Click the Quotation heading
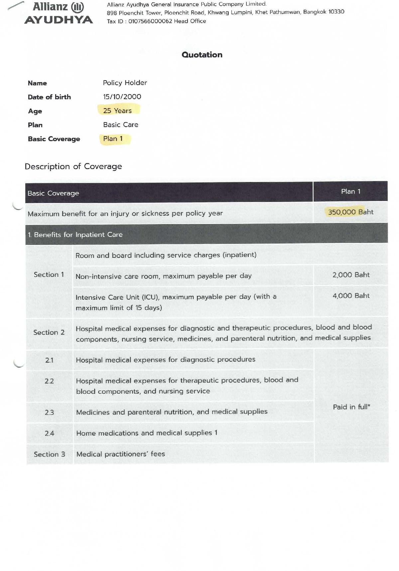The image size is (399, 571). coord(202,55)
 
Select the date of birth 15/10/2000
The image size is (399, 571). coord(122,97)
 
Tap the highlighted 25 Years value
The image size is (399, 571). coord(117,111)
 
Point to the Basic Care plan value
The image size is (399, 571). coord(121,125)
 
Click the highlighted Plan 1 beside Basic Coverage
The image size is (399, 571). coord(113,139)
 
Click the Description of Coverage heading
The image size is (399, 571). coord(73,166)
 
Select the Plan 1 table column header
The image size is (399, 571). coord(350,192)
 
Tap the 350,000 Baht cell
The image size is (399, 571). coord(350,212)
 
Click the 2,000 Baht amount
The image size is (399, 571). coord(351,275)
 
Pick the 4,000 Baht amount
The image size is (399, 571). coord(351,296)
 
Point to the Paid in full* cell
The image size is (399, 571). coord(351,407)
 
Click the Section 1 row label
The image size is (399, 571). coord(49,275)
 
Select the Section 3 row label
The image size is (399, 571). coord(50,454)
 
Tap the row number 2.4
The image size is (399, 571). coord(49,433)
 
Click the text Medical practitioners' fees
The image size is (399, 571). coord(121,454)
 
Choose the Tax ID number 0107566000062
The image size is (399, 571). coord(150,21)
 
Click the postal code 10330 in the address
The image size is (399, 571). coord(336,12)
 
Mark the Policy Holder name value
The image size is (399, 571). coord(125,83)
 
